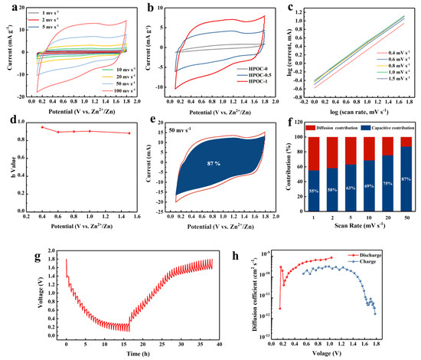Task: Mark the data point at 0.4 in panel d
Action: pos(43,127)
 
